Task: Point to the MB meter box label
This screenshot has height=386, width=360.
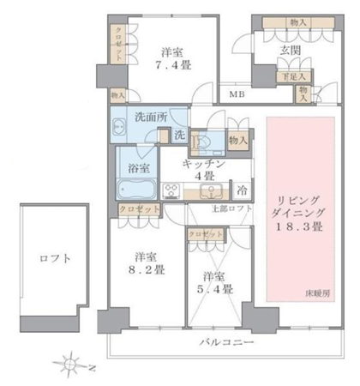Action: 234,94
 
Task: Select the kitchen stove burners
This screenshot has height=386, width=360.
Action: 170,190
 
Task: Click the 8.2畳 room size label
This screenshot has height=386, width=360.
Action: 143,268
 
